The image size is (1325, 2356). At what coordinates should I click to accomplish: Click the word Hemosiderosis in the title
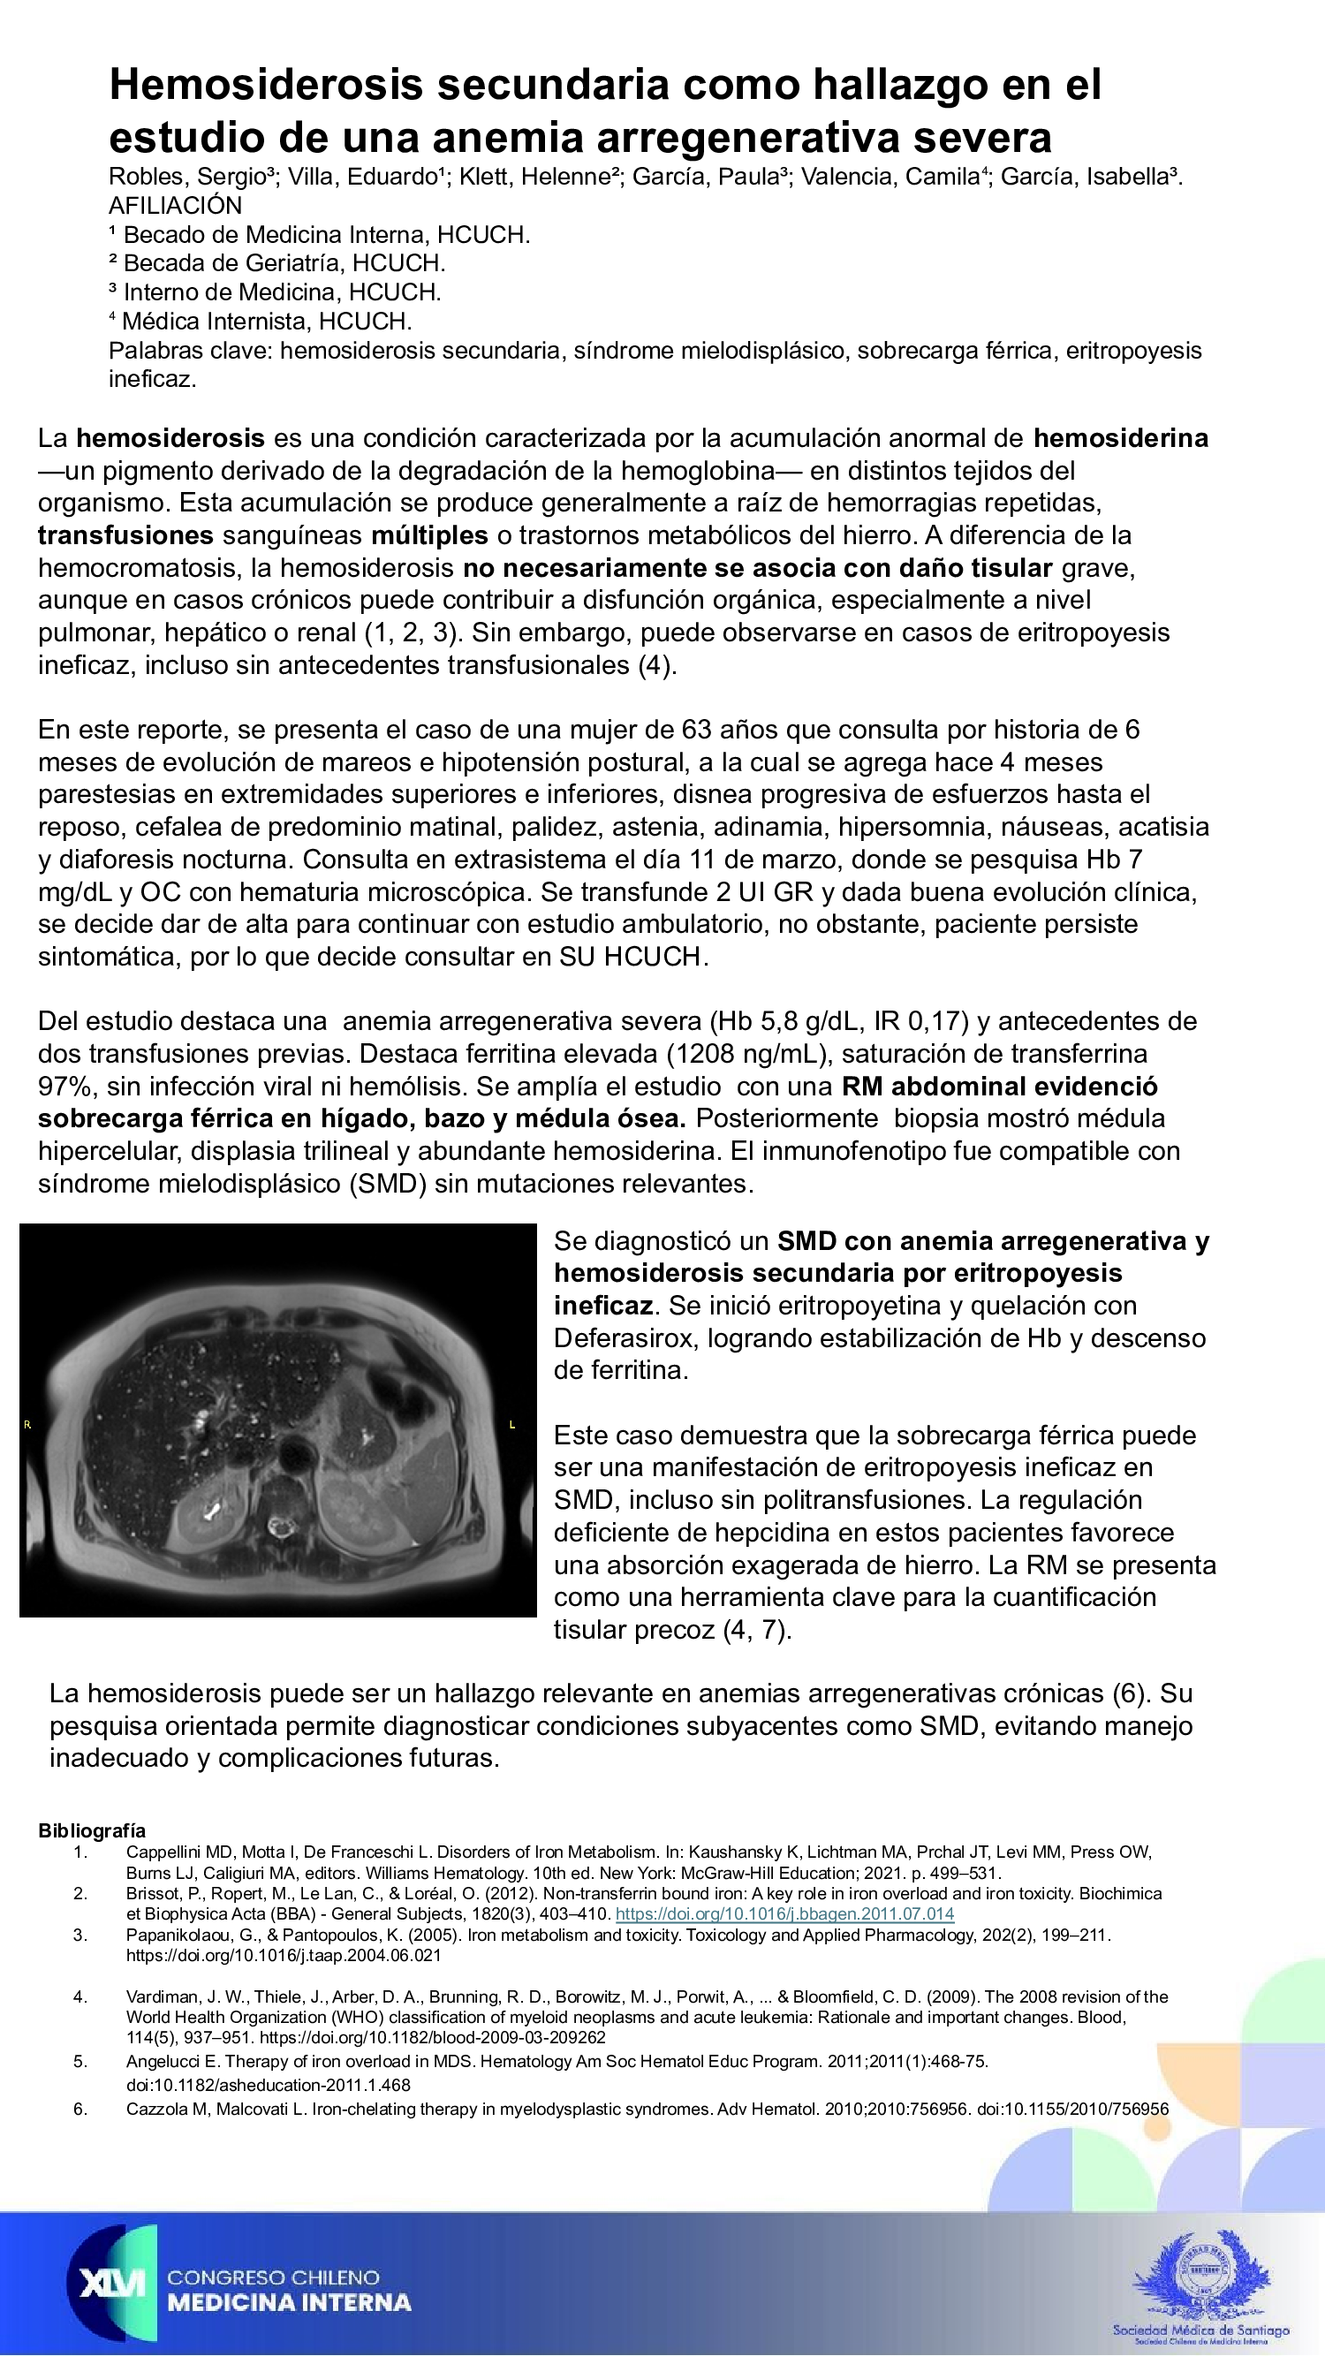pyautogui.click(x=265, y=84)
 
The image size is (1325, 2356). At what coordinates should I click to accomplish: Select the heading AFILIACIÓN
pyautogui.click(x=176, y=205)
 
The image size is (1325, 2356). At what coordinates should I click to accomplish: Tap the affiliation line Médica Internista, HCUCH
pyautogui.click(x=266, y=321)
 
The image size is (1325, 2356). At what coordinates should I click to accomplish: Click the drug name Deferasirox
pyautogui.click(x=626, y=1338)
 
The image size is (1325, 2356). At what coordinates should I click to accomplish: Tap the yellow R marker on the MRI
pyautogui.click(x=27, y=1424)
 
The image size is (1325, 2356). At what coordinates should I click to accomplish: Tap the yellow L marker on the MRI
pyautogui.click(x=512, y=1424)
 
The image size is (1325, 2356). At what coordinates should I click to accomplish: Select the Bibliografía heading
pyautogui.click(x=92, y=1830)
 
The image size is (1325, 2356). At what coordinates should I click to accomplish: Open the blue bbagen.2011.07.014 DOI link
pyautogui.click(x=784, y=1913)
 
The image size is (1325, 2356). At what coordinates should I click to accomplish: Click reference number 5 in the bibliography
pyautogui.click(x=80, y=2062)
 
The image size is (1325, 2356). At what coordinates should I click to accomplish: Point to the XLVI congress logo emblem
pyautogui.click(x=111, y=2283)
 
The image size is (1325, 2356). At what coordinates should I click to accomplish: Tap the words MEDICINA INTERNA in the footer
pyautogui.click(x=289, y=2302)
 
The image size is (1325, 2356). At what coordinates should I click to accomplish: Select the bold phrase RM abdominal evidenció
pyautogui.click(x=998, y=1086)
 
